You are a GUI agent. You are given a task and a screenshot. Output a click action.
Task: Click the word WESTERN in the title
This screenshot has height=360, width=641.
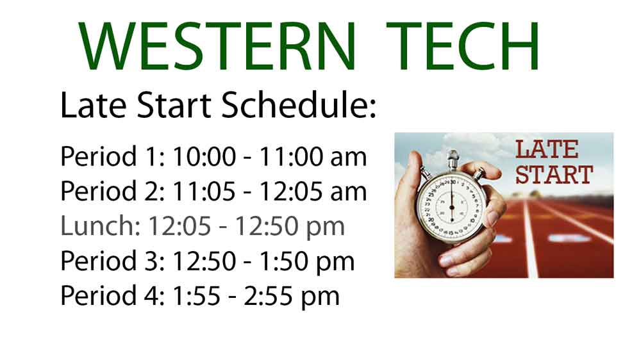[x=217, y=46]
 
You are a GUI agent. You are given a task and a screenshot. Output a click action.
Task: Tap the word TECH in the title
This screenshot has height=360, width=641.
[x=463, y=46]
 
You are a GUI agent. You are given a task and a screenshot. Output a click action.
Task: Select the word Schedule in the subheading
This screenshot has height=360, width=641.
[x=299, y=106]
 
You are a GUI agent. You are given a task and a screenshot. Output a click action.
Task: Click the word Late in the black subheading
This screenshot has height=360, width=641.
[x=93, y=106]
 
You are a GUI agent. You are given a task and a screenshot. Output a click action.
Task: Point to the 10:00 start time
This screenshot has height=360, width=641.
[x=204, y=156]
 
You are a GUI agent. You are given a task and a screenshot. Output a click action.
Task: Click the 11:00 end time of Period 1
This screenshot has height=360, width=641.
[x=291, y=156]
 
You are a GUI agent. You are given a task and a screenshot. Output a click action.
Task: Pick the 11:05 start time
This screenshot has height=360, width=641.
[x=204, y=192]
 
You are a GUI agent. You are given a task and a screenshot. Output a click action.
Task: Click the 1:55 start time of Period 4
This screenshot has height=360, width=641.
[x=197, y=296]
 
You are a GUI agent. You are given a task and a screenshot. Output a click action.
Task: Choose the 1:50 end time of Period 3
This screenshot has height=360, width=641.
[x=284, y=261]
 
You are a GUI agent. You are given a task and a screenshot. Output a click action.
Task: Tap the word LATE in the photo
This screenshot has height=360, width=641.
[x=547, y=149]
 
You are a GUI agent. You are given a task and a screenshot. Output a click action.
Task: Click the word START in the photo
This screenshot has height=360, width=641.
[x=554, y=175]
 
